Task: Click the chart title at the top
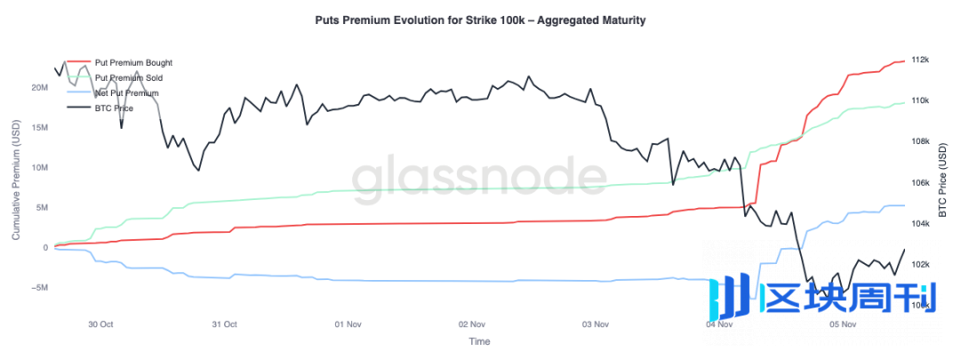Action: [x=480, y=19]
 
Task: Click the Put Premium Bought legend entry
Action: [x=133, y=63]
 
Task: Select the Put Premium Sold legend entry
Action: [x=128, y=78]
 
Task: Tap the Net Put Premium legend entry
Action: [x=126, y=92]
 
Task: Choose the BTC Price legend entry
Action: [x=114, y=108]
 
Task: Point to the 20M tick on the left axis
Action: [x=39, y=88]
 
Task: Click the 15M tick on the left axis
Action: [x=39, y=128]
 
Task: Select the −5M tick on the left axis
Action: [x=38, y=288]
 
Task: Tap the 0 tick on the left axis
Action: [x=45, y=248]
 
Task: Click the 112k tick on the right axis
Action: [x=919, y=60]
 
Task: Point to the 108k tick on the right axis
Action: [x=919, y=141]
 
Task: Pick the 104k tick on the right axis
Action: [x=919, y=224]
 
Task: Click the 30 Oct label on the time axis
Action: [x=100, y=324]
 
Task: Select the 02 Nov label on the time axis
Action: [x=471, y=324]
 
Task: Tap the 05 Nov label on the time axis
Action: [x=842, y=324]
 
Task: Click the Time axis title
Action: [x=479, y=341]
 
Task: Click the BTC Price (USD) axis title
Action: [x=943, y=182]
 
